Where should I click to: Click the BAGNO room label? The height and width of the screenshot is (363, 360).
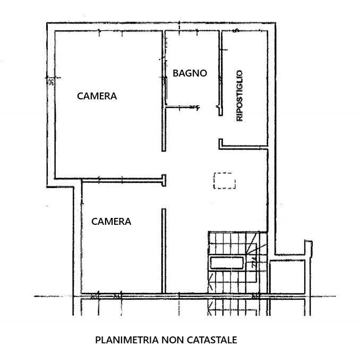pyautogui.click(x=190, y=73)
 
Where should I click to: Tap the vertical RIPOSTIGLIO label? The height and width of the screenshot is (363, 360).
pyautogui.click(x=239, y=96)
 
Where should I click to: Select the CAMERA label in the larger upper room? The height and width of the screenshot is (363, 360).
pyautogui.click(x=97, y=96)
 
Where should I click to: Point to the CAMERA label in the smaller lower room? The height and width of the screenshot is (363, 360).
pyautogui.click(x=112, y=221)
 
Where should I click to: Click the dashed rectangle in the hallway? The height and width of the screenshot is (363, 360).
pyautogui.click(x=224, y=181)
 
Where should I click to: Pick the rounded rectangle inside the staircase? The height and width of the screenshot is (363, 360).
pyautogui.click(x=227, y=262)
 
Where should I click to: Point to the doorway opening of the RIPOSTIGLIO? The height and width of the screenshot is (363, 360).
pyautogui.click(x=219, y=128)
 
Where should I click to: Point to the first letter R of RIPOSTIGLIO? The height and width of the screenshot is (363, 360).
pyautogui.click(x=239, y=120)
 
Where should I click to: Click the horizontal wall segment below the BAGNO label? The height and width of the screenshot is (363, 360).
pyautogui.click(x=181, y=108)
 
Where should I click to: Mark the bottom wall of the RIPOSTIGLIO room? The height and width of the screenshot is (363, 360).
pyautogui.click(x=244, y=145)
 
